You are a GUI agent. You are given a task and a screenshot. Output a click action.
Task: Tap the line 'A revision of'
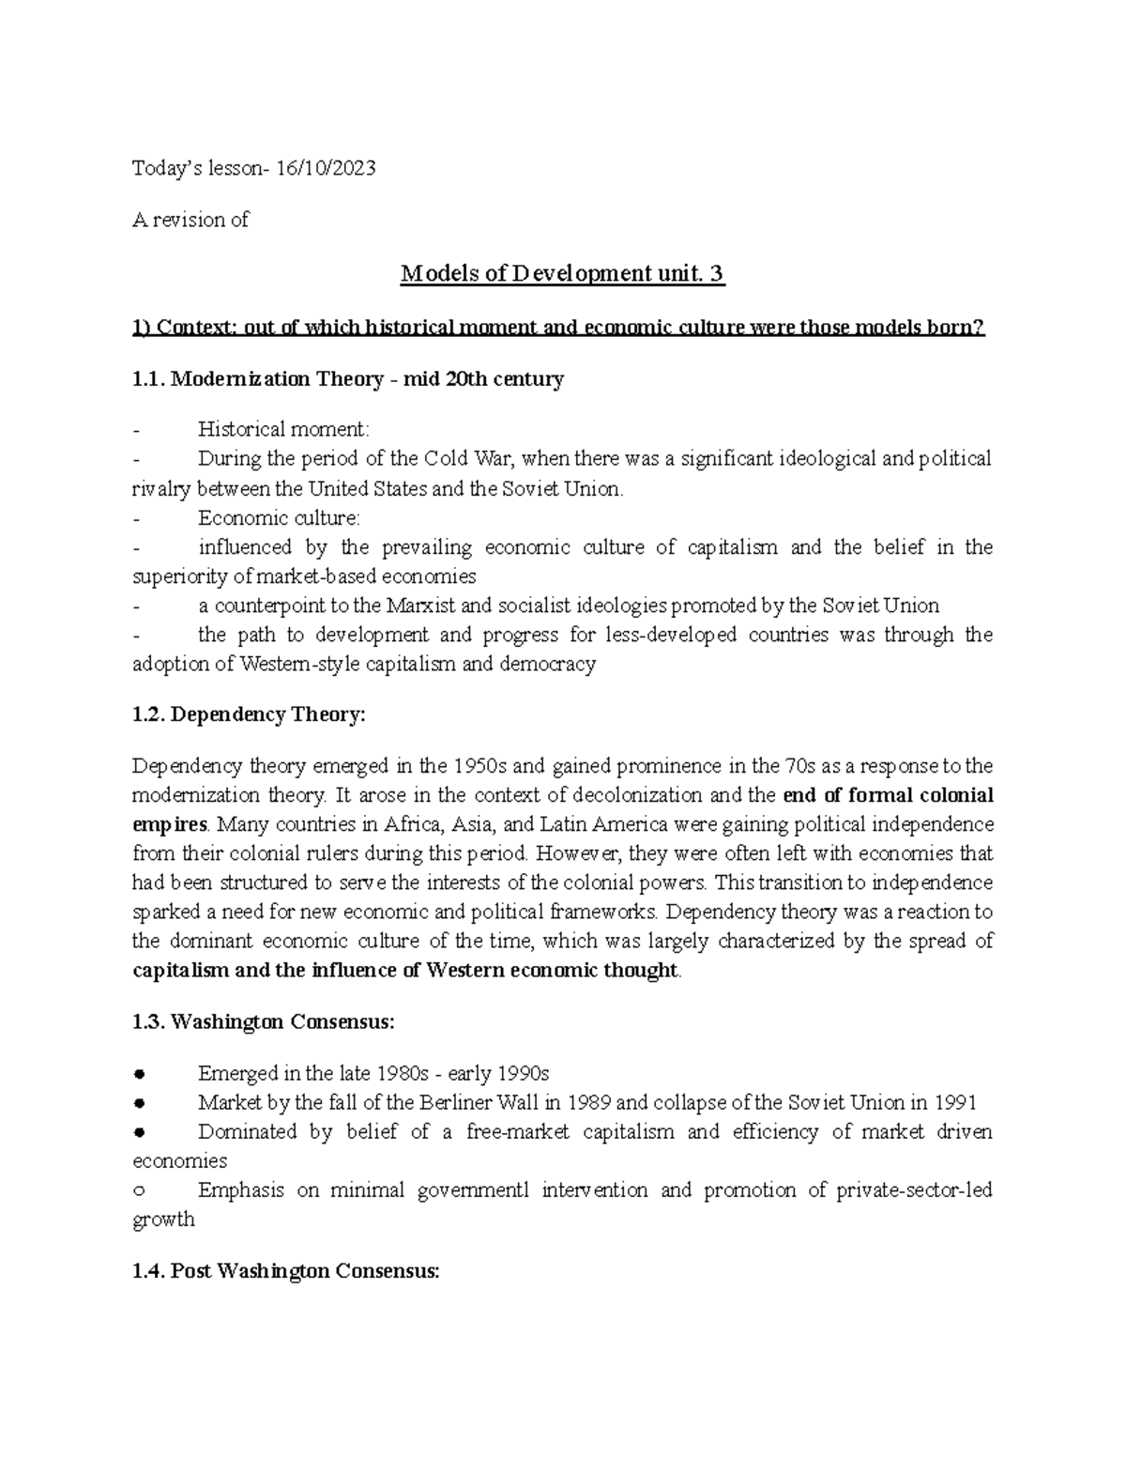point(191,220)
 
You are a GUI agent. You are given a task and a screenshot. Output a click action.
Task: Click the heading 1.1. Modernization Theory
point(348,379)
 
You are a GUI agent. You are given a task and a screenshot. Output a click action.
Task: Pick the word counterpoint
point(264,606)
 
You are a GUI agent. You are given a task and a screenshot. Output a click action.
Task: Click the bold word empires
point(169,825)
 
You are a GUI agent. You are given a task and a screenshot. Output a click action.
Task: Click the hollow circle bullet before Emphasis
point(139,1190)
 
